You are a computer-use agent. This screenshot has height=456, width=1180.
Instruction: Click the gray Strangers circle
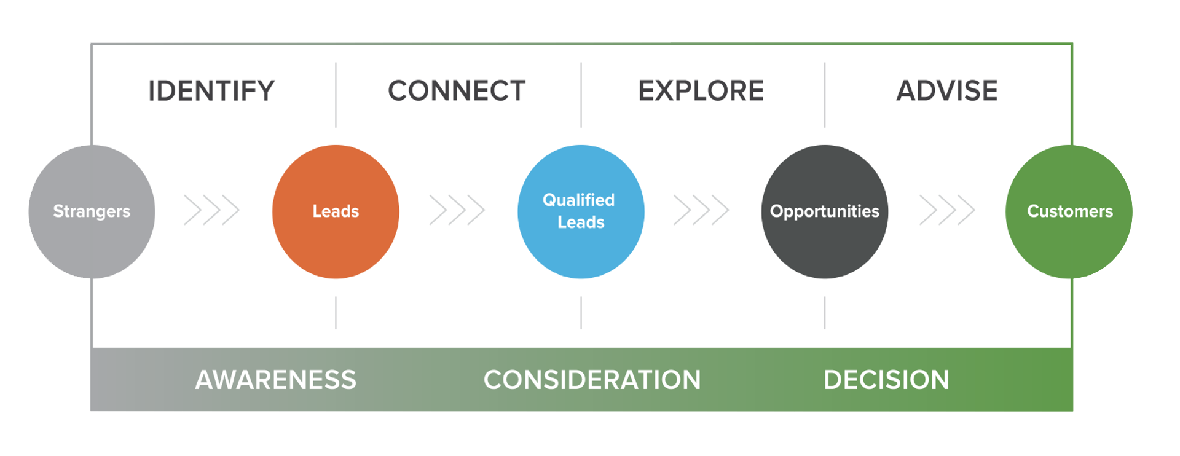tap(92, 211)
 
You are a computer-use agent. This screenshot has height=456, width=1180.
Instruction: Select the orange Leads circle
tap(336, 211)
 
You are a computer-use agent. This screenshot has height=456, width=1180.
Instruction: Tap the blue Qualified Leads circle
tap(581, 211)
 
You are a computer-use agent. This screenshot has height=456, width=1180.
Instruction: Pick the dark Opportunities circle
tap(825, 211)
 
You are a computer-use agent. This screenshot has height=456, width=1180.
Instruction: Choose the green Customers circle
tap(1069, 211)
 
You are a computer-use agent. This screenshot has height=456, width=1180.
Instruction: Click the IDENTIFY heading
tap(211, 91)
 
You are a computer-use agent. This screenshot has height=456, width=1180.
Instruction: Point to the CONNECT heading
tap(457, 91)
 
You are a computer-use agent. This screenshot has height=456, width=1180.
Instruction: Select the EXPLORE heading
tap(701, 91)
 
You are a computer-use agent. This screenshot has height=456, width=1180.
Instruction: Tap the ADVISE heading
tap(946, 91)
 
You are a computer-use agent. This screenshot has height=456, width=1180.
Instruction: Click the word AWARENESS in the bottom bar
tap(275, 380)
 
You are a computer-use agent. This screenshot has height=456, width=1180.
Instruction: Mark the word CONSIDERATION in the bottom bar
tap(592, 380)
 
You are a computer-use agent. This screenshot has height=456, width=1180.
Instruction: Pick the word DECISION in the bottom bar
tap(886, 380)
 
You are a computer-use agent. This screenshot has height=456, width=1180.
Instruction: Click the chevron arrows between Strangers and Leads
tap(211, 210)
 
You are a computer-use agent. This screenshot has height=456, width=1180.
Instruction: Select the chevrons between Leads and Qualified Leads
tap(457, 210)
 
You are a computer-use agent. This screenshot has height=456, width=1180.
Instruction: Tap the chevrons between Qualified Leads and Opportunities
tap(701, 210)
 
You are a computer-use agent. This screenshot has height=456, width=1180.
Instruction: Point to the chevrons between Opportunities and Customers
tap(946, 210)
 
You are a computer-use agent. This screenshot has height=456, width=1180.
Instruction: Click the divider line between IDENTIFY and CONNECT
tap(336, 95)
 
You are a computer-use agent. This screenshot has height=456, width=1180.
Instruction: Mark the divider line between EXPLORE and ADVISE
tap(825, 95)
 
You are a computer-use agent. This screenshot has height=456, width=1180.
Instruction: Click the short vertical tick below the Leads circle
tap(336, 312)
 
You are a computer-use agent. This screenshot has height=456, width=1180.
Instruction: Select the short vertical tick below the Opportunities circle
tap(825, 312)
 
